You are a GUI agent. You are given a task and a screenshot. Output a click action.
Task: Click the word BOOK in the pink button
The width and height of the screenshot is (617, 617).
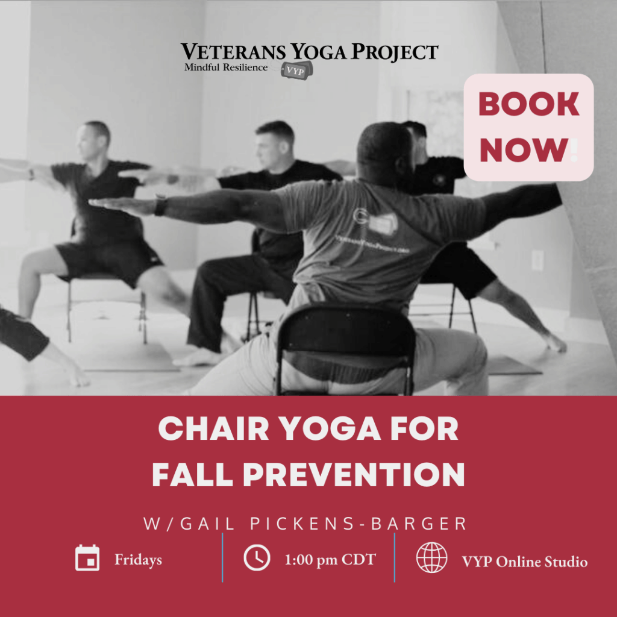tap(528, 105)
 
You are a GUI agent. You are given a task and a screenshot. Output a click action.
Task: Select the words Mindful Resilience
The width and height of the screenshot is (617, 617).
tap(226, 67)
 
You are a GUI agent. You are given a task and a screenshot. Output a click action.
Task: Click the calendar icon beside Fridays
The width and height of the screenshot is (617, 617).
tap(87, 558)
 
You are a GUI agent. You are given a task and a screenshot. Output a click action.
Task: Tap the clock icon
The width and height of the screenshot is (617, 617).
tap(257, 558)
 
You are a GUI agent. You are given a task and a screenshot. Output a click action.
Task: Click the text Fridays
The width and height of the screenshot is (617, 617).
tap(138, 560)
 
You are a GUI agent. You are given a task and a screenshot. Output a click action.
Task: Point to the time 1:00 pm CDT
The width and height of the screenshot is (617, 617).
tap(330, 560)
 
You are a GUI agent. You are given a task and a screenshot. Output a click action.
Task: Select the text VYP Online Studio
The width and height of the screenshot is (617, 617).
tap(524, 562)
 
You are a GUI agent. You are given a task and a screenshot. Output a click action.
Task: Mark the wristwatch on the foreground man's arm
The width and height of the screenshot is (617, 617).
tap(160, 205)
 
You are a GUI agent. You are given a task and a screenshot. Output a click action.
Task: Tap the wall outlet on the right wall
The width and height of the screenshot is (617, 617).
tap(537, 260)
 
